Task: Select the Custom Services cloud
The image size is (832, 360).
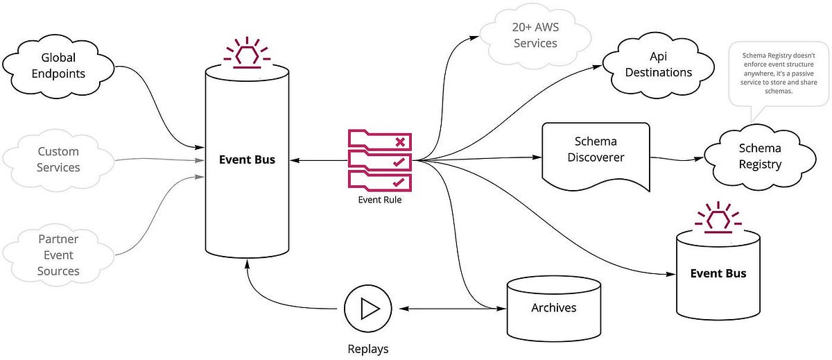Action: [x=58, y=160]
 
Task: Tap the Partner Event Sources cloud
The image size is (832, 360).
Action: [x=58, y=255]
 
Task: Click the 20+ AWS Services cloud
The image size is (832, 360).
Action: [x=535, y=34]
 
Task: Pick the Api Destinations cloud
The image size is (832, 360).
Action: [x=657, y=64]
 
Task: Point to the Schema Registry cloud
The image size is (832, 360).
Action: [x=760, y=156]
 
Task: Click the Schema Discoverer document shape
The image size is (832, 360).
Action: [x=596, y=156]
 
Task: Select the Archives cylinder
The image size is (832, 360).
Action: [x=553, y=307]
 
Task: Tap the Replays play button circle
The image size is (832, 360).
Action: [x=368, y=308]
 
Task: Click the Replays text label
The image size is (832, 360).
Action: [x=368, y=348]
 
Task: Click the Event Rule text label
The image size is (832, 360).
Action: [x=379, y=200]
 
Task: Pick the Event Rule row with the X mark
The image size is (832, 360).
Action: [x=379, y=142]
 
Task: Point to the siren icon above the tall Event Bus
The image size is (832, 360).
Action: [x=247, y=53]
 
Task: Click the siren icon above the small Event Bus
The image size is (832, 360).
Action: [x=718, y=217]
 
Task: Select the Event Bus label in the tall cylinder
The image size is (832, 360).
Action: [x=247, y=160]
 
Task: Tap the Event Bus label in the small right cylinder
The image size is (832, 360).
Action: [x=718, y=273]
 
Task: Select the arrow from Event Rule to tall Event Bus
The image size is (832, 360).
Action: [x=319, y=160]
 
